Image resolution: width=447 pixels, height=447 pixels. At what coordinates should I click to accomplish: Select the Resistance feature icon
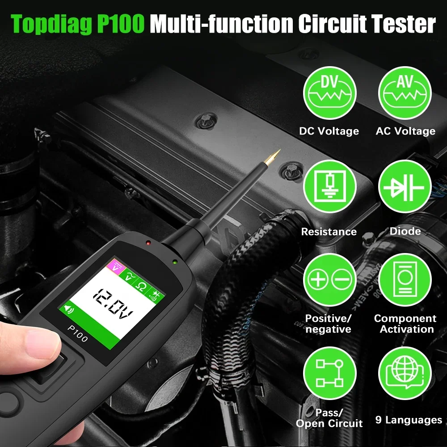point(330,186)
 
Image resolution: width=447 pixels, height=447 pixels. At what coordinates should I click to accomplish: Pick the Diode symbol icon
point(405,186)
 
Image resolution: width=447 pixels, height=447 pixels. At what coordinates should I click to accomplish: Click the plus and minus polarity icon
point(330,280)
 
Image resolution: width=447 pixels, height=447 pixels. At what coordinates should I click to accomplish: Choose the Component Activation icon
point(405,280)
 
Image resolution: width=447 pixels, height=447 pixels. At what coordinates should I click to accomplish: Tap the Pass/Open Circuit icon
point(330,373)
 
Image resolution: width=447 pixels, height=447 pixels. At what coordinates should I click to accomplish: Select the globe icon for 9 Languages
point(405,373)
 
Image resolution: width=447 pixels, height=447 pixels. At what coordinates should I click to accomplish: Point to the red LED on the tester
point(148,243)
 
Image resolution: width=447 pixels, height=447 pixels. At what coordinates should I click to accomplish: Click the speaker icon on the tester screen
point(68,308)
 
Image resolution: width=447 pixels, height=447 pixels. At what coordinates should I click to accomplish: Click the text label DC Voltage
point(329,131)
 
